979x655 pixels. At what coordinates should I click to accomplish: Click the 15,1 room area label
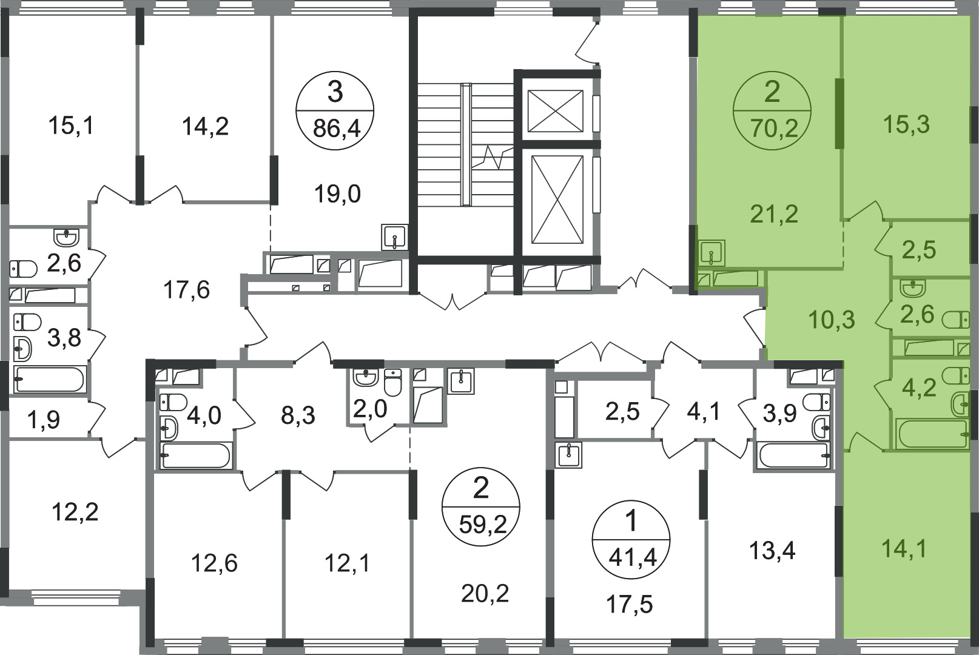(x=71, y=126)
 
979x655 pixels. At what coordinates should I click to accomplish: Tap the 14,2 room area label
(x=205, y=127)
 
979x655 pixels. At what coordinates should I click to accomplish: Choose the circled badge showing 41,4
(x=631, y=540)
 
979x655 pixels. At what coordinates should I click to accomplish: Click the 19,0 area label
(x=337, y=194)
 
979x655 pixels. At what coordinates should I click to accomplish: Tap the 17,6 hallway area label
(x=187, y=290)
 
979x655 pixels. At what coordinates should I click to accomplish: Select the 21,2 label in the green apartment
(x=775, y=214)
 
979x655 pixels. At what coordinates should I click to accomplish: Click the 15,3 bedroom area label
(x=906, y=124)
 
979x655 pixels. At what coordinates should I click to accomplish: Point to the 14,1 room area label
(x=904, y=549)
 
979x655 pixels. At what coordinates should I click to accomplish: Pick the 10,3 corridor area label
(x=831, y=320)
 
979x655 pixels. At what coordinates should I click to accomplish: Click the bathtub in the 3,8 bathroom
(x=49, y=379)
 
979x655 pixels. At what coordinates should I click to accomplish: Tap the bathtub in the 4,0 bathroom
(x=195, y=455)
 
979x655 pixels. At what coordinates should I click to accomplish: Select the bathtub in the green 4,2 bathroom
(x=930, y=434)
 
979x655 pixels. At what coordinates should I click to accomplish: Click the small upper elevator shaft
(x=556, y=110)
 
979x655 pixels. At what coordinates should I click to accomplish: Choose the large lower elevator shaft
(x=557, y=200)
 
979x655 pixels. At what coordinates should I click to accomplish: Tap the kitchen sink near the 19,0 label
(x=394, y=237)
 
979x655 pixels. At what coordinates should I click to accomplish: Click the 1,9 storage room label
(x=43, y=420)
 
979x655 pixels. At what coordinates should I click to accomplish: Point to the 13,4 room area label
(x=772, y=551)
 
